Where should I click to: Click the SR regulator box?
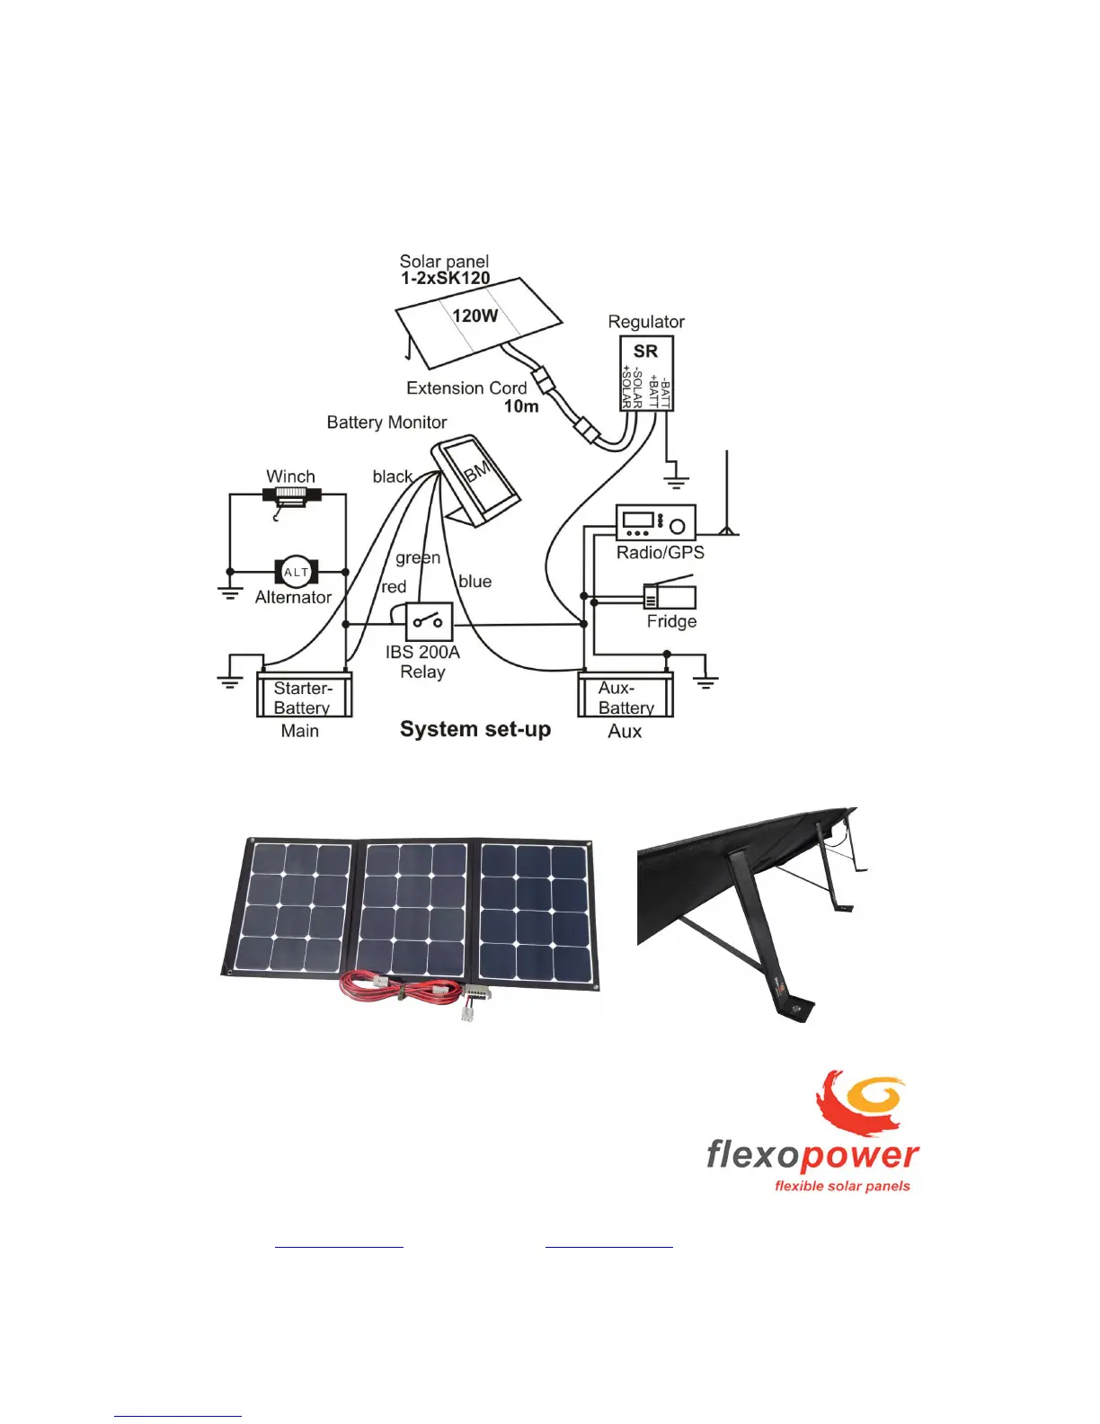coord(646,373)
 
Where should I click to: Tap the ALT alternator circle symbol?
coord(296,572)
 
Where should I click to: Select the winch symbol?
coord(291,494)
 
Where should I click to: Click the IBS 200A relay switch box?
coord(429,621)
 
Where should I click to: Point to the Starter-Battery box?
coord(304,695)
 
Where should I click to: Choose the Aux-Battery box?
coord(625,695)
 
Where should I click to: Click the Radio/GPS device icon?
coord(655,522)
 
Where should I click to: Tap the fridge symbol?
coord(670,596)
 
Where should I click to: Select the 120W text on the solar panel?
coord(475,316)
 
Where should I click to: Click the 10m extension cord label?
coord(520,406)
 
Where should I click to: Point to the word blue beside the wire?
coord(475,582)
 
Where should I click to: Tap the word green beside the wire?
coord(418,557)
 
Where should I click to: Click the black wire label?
coord(392,476)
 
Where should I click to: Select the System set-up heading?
coord(475,729)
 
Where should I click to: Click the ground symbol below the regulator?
coord(676,481)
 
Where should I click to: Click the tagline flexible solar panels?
coord(842,1186)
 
